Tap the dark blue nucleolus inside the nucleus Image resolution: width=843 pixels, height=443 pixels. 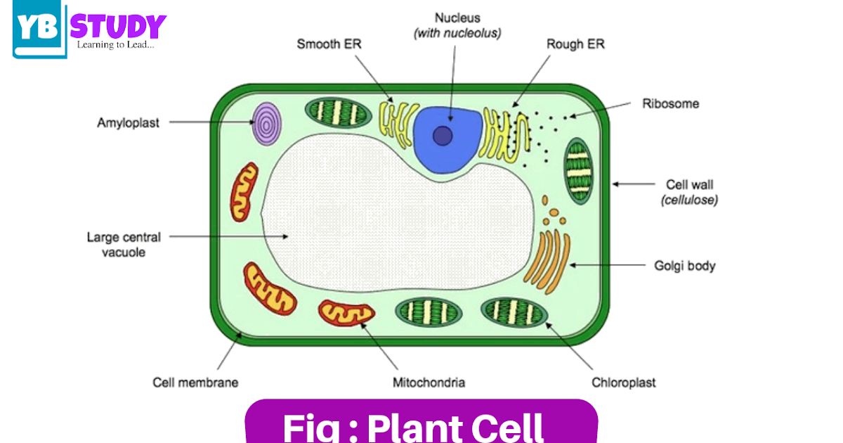(442, 135)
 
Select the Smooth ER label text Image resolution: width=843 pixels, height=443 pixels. (329, 44)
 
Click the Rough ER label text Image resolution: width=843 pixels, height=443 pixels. (575, 44)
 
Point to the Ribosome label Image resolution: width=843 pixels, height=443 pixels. (670, 104)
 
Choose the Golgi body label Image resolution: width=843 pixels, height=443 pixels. (684, 266)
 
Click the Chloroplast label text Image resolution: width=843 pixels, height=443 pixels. (624, 383)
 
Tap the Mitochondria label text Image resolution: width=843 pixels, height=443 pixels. (429, 383)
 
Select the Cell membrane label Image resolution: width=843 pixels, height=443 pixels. (195, 383)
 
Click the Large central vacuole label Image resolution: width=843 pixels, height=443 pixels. (124, 244)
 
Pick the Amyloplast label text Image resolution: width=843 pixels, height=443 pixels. (128, 123)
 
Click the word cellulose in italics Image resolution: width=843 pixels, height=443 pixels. (689, 200)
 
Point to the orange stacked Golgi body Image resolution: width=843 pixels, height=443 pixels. (552, 260)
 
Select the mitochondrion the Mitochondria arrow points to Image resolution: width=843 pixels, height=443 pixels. (346, 314)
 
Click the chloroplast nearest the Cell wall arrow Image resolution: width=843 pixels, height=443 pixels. (580, 172)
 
